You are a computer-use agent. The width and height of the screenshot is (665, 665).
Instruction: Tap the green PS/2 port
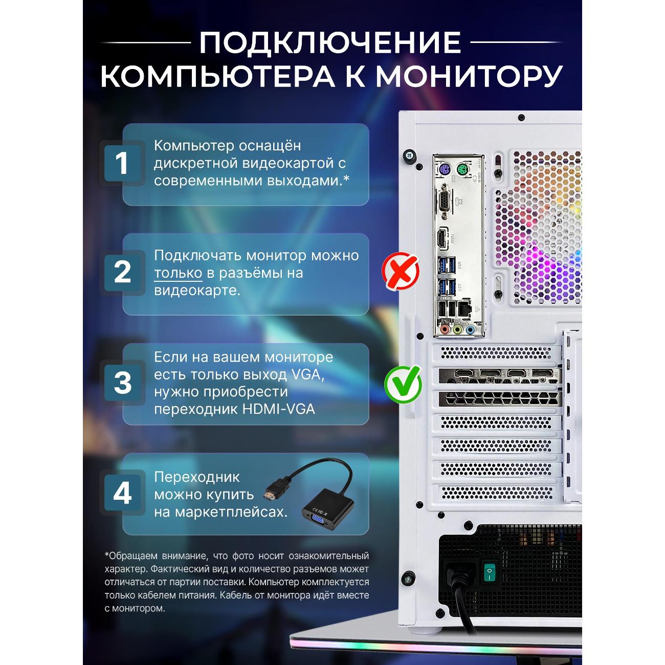[x=463, y=170]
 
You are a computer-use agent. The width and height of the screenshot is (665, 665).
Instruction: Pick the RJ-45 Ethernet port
[x=463, y=309]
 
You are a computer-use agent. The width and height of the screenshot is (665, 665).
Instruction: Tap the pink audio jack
[x=445, y=329]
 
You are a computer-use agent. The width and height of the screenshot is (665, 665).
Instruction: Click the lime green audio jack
[x=458, y=329]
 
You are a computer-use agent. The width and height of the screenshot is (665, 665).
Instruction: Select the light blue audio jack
[x=470, y=329]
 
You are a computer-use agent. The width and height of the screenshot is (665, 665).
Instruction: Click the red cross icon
[x=401, y=272]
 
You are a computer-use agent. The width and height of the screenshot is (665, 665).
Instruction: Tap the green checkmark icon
[x=403, y=384]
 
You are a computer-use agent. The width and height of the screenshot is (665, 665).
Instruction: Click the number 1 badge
[x=122, y=163]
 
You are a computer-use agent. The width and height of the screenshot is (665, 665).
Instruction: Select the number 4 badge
[x=122, y=493]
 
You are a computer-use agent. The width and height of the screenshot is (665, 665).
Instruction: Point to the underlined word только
[x=178, y=273]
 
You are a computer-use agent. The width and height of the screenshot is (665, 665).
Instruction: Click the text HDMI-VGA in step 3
[x=278, y=409]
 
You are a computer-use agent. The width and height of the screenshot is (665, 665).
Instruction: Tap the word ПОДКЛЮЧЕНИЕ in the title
[x=330, y=42]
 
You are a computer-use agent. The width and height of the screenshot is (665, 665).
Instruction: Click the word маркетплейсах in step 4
[x=231, y=512]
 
